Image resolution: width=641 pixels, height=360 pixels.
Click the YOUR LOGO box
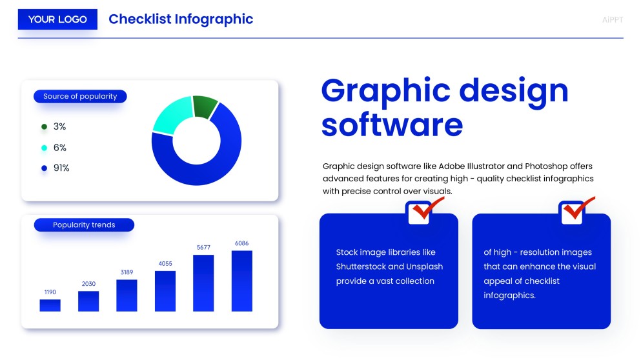[57, 19]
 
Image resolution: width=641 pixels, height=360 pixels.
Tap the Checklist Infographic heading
[181, 19]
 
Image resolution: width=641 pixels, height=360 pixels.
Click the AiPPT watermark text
[613, 20]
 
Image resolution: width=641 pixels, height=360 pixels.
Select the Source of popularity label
[80, 96]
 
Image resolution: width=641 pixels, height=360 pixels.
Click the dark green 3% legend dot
[45, 126]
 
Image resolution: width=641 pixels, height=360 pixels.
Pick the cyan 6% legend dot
[45, 148]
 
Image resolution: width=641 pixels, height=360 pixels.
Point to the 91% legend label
[61, 168]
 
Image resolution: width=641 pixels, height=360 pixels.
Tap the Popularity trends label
[84, 225]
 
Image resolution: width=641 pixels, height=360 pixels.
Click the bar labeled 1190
[50, 305]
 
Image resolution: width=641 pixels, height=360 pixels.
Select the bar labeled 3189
[127, 295]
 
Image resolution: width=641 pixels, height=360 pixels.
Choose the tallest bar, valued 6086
[242, 281]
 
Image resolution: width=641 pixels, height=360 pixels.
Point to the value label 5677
[203, 247]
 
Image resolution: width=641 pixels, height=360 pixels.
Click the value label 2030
[88, 284]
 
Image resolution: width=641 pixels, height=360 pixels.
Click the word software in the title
[392, 125]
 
